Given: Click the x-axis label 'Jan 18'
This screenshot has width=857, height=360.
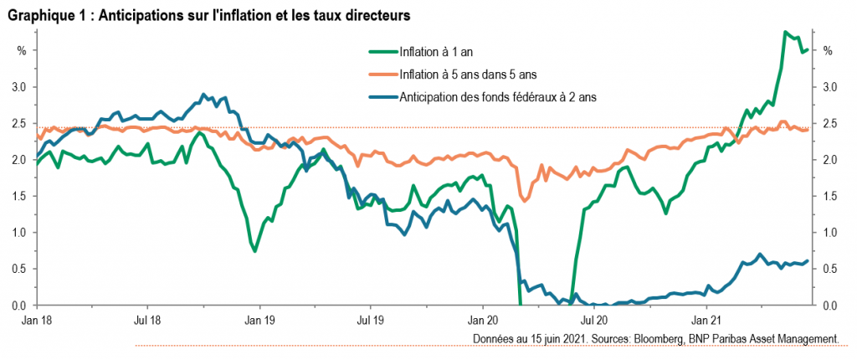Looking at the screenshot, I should coord(34,319).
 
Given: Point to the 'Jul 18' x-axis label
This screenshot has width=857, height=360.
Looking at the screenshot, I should coord(146,319).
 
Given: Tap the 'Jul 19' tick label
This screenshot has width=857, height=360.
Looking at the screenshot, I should coord(371,319).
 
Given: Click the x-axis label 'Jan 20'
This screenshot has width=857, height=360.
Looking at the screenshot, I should coord(483,319).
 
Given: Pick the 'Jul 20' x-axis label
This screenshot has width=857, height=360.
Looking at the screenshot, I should coord(594,319).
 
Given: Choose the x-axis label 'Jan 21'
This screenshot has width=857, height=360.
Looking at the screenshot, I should coord(707,319).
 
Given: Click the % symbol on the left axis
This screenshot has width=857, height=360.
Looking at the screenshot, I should coord(22,51).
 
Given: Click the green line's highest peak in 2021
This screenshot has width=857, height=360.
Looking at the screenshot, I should coord(784,32).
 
